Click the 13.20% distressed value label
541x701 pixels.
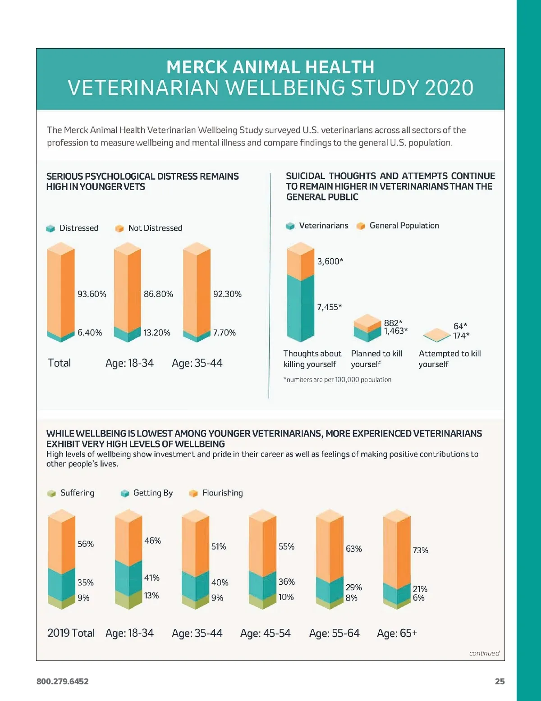tap(157, 333)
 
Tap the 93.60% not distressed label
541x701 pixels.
tap(92, 294)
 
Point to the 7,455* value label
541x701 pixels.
tap(330, 307)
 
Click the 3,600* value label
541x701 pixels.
tap(330, 261)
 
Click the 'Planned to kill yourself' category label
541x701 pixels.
tap(376, 359)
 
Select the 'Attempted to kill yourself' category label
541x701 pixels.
tap(449, 359)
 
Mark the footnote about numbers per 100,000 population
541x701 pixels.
tap(337, 380)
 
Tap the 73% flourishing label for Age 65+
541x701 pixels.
tap(421, 551)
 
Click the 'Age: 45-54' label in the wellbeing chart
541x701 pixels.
tap(266, 633)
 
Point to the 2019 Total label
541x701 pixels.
tap(71, 633)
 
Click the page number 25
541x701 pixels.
tap(500, 682)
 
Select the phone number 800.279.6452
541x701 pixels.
tap(63, 682)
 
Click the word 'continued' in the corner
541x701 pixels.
tap(484, 653)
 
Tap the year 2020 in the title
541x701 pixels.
tap(449, 88)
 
